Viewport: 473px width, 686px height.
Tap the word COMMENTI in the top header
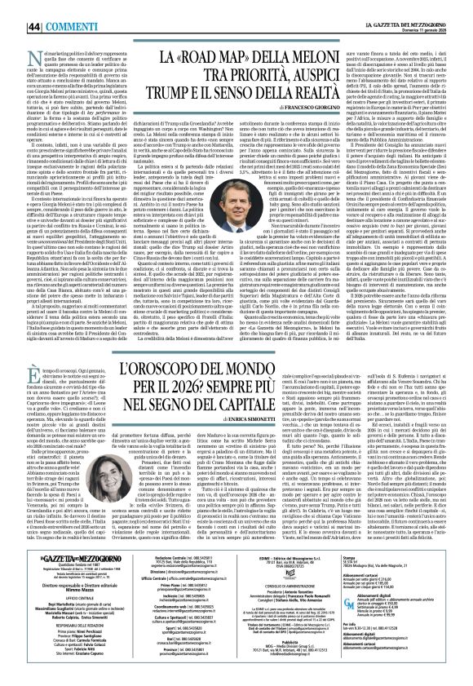pos(51,7)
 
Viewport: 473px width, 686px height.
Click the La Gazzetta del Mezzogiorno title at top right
pos(407,7)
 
